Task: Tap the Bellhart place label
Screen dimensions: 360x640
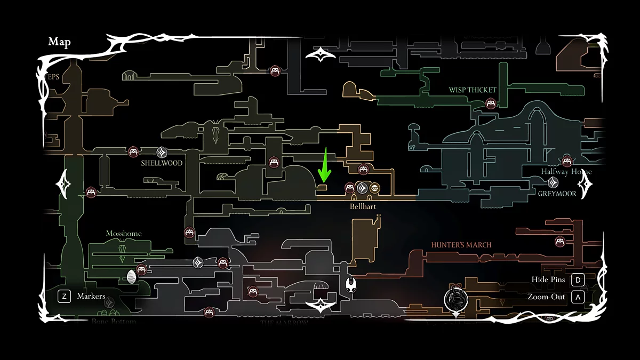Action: point(363,206)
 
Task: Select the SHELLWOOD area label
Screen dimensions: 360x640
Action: point(162,163)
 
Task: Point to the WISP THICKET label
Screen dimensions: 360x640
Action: point(473,90)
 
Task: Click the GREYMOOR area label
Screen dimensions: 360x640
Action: point(557,194)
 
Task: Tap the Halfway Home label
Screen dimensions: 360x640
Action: point(566,172)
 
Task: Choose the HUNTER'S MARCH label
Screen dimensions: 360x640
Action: point(461,245)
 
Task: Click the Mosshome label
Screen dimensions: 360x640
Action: point(124,234)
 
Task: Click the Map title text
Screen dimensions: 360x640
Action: point(59,42)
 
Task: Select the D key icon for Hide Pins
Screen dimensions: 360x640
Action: point(578,279)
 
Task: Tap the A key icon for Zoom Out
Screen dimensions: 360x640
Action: point(578,297)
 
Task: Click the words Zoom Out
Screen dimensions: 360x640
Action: point(546,297)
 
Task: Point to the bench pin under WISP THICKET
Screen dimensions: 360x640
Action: point(491,103)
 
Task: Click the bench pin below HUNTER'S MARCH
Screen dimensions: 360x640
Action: point(560,241)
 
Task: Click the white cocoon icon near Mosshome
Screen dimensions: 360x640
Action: point(132,277)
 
